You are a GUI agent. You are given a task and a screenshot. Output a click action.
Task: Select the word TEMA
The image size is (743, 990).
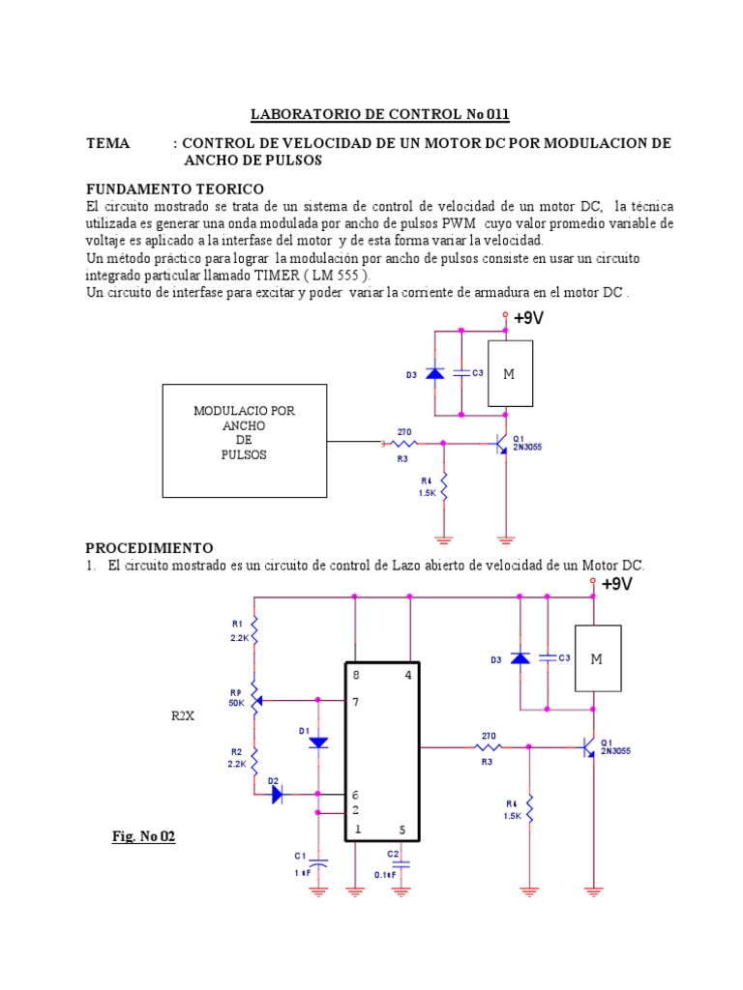(x=107, y=143)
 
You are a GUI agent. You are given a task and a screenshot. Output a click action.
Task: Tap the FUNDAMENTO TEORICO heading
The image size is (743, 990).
(x=174, y=189)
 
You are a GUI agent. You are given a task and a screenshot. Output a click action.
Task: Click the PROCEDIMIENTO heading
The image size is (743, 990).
(x=149, y=548)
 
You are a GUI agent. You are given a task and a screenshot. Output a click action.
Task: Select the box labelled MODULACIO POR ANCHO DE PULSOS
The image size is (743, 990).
(x=244, y=440)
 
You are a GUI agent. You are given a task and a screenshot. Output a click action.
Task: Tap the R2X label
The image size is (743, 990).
(x=183, y=717)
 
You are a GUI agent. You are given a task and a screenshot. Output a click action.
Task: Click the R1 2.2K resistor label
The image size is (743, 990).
(x=238, y=630)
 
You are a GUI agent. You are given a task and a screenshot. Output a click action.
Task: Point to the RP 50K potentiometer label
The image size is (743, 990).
(x=237, y=698)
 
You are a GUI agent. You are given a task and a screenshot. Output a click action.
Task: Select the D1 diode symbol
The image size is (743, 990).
(x=317, y=742)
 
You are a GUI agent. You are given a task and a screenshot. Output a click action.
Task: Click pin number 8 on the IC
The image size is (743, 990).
(x=356, y=676)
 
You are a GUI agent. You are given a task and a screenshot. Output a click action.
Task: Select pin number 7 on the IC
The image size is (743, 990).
(x=356, y=703)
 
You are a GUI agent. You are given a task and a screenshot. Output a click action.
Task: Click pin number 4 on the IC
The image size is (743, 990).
(x=409, y=676)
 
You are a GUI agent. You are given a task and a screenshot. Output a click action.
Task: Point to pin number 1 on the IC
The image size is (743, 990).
(x=357, y=830)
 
